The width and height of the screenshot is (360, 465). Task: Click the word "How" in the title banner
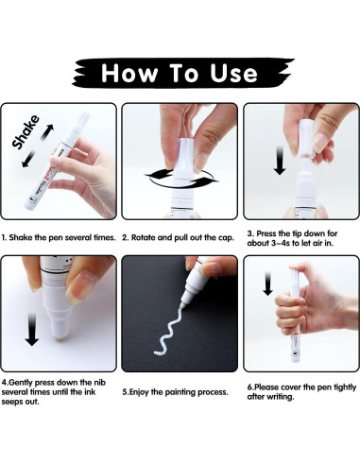pos(129,73)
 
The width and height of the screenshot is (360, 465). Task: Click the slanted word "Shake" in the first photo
pos(26,132)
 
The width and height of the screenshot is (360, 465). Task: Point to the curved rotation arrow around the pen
pos(182,180)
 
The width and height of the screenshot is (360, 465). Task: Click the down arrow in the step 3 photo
pos(280,161)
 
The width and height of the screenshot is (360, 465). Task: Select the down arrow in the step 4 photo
pos(31,330)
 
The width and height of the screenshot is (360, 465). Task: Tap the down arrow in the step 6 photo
pos(267,284)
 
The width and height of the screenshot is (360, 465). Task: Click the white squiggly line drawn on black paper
pos(168,332)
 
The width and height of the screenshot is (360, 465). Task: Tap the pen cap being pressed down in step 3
pos(306,138)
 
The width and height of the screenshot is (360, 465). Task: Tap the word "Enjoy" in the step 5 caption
pos(139,392)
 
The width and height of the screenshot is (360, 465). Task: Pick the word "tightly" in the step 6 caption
pos(345,387)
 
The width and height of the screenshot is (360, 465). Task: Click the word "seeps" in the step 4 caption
pos(10,403)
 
